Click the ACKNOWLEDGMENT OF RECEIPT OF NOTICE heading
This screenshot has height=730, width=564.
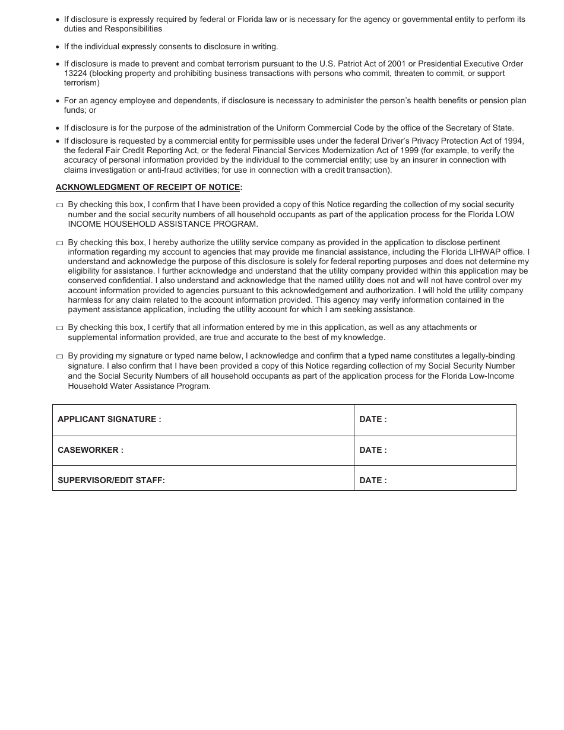[148, 188]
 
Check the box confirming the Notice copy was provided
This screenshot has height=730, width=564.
[59, 205]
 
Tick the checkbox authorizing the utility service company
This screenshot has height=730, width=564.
[59, 243]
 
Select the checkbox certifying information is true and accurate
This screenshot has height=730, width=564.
[59, 328]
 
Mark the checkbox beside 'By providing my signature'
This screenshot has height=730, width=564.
[59, 357]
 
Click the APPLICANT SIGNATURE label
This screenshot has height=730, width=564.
[109, 420]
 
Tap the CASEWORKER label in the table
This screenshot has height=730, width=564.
[90, 450]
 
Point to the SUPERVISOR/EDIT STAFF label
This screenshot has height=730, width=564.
[111, 481]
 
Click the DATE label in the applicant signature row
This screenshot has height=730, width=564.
[373, 420]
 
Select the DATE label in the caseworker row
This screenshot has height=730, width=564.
[373, 450]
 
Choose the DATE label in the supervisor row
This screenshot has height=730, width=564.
[373, 481]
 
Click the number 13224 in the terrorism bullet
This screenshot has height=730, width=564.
[75, 74]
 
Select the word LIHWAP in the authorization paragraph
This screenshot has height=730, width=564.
[484, 252]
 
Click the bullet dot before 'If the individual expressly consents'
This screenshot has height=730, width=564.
[58, 47]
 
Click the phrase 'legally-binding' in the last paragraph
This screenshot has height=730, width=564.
[485, 356]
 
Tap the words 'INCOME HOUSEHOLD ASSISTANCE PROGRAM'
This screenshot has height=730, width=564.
[163, 224]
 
